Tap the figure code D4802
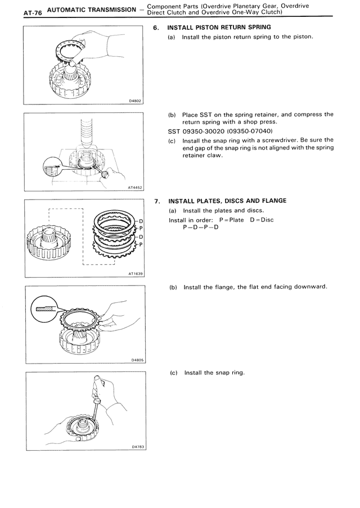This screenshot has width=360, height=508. click(x=136, y=101)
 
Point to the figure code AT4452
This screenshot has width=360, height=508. click(x=134, y=188)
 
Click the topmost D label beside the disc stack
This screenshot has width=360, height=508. click(x=141, y=221)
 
